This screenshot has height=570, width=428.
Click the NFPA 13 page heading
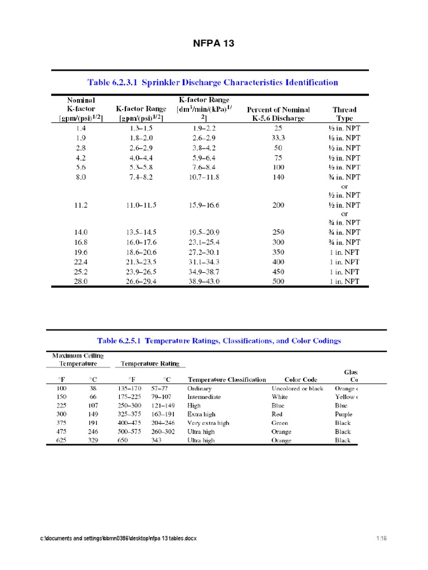[213, 44]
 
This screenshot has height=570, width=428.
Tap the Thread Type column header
[344, 114]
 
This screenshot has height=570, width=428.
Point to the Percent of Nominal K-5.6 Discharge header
[278, 114]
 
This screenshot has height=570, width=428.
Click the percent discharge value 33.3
[278, 138]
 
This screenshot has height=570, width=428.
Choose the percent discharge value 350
[278, 253]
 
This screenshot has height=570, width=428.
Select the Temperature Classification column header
[227, 379]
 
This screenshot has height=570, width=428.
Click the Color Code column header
[301, 379]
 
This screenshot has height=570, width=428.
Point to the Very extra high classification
[208, 422]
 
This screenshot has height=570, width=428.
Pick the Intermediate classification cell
[204, 397]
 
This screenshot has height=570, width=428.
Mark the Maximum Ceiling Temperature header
[78, 360]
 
